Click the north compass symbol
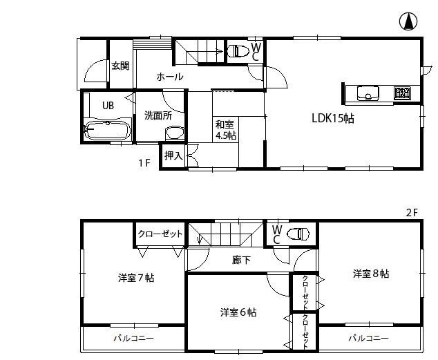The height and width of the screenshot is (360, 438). click(408, 22)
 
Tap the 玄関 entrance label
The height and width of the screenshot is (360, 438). click(120, 66)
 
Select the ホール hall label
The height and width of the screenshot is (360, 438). click(169, 77)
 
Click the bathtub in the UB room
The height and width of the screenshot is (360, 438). click(107, 129)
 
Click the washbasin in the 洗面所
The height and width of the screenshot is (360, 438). click(175, 133)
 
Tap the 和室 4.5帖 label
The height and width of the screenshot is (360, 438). click(225, 130)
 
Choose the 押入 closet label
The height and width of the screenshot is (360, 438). click(173, 156)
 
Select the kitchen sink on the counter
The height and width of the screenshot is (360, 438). click(366, 92)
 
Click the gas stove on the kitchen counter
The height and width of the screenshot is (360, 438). click(402, 92)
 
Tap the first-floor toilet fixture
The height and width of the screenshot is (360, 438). click(238, 50)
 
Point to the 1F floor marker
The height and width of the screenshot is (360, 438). click(144, 163)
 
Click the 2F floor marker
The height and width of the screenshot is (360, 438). click(412, 212)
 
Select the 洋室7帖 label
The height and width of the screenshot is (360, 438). click(135, 278)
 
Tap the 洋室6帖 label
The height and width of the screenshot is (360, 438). click(238, 312)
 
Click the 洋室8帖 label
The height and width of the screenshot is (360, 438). click(370, 274)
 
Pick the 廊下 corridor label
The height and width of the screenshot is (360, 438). click(241, 260)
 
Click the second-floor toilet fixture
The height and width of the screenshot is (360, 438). click(298, 234)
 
